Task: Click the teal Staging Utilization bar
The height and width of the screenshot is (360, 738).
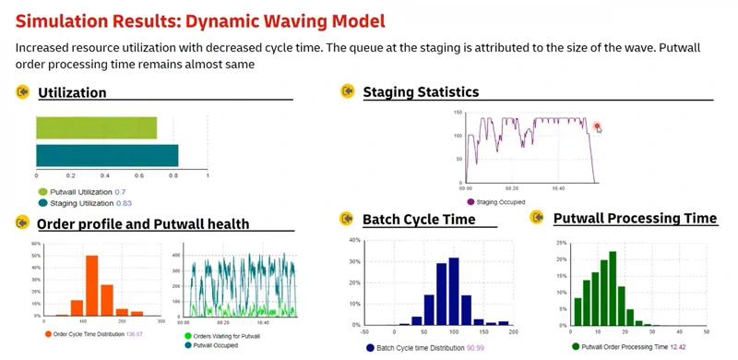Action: pos(107,155)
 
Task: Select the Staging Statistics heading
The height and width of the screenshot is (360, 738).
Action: pos(421,91)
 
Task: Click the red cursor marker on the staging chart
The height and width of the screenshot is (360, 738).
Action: pos(598,126)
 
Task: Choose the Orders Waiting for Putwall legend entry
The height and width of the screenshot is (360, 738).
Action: pos(221,337)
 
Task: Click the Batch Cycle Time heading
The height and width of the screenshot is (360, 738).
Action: pos(419,220)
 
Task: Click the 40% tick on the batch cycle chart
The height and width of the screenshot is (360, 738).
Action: pos(354,240)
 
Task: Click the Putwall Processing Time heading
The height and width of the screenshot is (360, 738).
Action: pos(635,218)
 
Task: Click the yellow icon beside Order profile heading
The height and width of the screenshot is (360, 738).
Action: pos(21,222)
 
